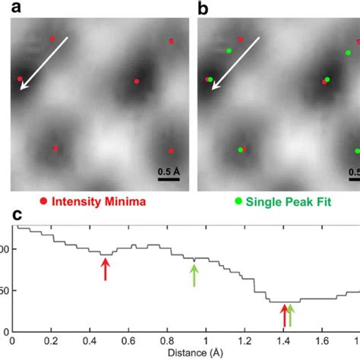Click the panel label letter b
[204, 8]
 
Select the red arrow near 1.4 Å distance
[284, 314]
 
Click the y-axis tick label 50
[6, 291]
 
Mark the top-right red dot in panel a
[171, 41]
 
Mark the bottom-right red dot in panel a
[171, 150]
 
